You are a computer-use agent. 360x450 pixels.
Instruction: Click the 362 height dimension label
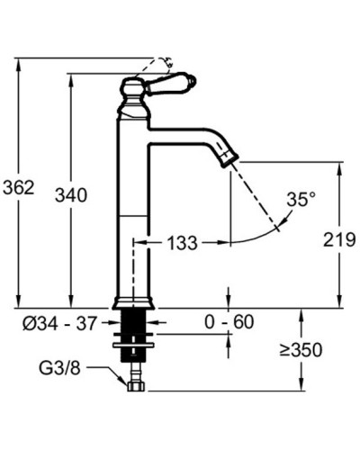19,188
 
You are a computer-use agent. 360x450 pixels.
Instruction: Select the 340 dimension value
71,195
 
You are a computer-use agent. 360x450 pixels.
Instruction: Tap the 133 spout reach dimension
182,242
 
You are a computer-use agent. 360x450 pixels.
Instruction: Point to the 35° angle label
301,199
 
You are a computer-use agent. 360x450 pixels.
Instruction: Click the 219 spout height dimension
339,239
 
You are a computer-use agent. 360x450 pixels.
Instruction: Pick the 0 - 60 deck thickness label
229,322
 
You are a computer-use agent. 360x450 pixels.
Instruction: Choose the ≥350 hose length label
301,350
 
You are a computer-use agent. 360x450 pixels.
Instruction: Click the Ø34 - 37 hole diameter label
60,323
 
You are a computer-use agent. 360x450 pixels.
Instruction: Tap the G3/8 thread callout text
59,367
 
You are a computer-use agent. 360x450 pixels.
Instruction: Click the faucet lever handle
171,83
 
